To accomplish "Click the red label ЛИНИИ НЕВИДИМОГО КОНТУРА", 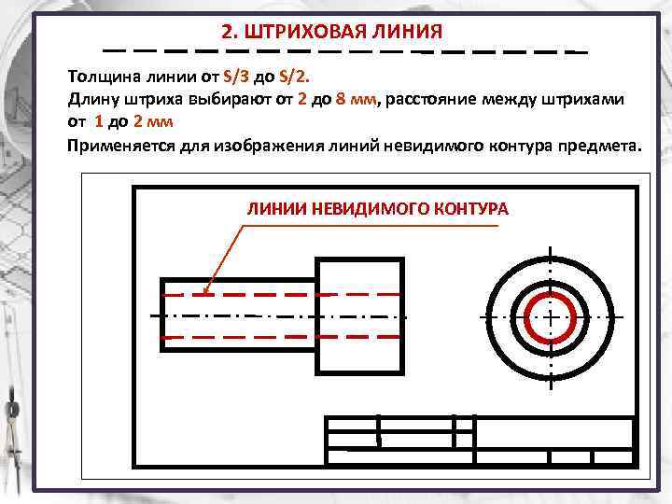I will [x=377, y=209].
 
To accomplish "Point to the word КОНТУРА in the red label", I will [x=471, y=209].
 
